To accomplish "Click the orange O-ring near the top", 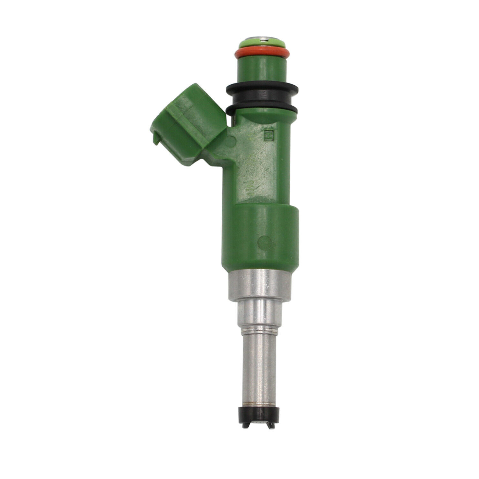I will pyautogui.click(x=262, y=53).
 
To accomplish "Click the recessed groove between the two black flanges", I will pyautogui.click(x=262, y=99).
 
